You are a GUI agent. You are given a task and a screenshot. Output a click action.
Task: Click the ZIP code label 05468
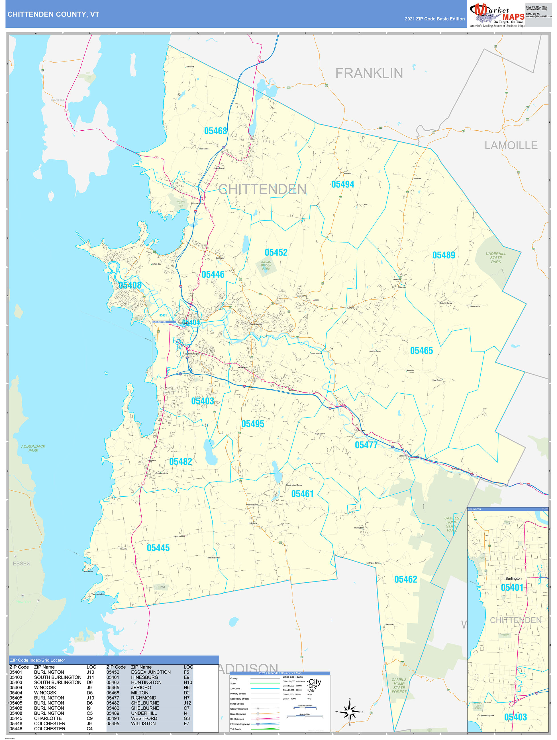[x=215, y=131]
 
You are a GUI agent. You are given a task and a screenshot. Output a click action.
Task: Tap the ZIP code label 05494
[x=343, y=184]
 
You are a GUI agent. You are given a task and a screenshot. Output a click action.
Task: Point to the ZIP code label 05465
[x=421, y=351]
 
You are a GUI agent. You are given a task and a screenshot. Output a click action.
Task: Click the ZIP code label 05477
[x=366, y=445]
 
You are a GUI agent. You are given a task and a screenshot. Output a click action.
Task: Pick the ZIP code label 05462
[x=406, y=579]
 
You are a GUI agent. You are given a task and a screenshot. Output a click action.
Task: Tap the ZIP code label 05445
[x=158, y=548]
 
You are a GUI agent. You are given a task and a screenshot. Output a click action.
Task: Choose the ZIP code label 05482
[x=181, y=462]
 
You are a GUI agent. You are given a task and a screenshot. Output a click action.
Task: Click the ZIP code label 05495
[x=253, y=424]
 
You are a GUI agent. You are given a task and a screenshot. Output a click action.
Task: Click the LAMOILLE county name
[x=511, y=145]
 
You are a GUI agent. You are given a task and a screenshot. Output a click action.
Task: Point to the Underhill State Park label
[x=496, y=258]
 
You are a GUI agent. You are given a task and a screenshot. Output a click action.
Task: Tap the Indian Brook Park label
[x=266, y=265]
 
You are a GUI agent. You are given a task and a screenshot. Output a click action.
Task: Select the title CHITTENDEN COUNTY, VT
[x=53, y=15]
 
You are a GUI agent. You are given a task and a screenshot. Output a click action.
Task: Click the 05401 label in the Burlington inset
[x=512, y=587]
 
